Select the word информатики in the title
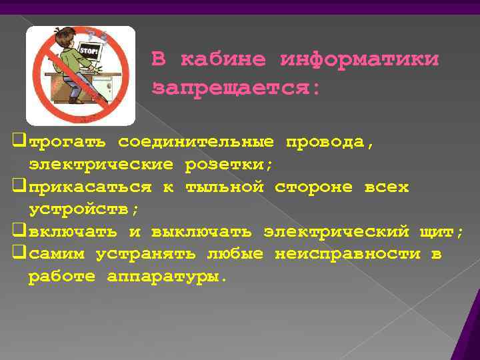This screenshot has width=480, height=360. [360, 60]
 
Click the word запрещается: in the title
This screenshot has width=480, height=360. [237, 88]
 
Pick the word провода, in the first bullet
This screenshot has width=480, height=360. [331, 142]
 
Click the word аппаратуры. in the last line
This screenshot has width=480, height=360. [167, 277]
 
